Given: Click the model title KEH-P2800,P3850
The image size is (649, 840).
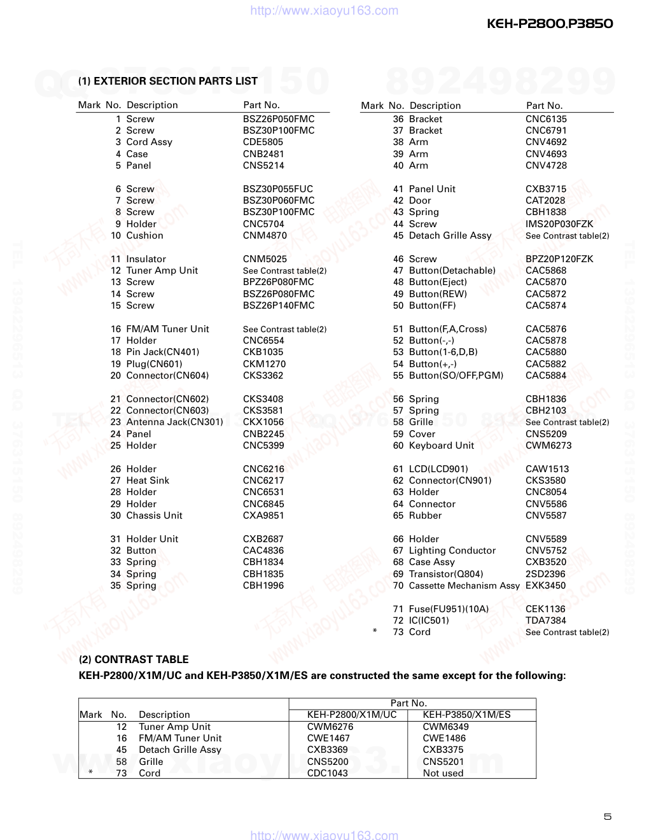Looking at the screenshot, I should (550, 24).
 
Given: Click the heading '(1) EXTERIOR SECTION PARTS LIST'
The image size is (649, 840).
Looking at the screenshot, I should (168, 81).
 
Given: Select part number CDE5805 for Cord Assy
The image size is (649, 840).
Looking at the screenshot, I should (263, 142).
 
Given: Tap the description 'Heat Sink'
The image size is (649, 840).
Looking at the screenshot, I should (148, 480).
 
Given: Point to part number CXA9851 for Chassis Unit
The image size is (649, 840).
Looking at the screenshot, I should (263, 515).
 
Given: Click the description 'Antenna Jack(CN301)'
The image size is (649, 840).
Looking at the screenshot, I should (174, 422).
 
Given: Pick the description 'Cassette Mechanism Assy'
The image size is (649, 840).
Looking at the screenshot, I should (464, 585).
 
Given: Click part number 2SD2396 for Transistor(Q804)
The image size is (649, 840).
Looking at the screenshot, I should (545, 574).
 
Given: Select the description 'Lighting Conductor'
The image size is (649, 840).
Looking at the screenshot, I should (452, 550).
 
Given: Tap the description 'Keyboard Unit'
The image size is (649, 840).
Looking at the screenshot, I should (441, 445).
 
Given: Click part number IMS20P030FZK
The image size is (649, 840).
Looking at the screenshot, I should (559, 224).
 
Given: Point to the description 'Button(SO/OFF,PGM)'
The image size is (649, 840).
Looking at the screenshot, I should (456, 375).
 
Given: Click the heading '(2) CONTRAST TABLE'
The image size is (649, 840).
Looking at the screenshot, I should (134, 659).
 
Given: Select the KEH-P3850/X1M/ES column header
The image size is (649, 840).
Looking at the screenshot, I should (466, 715).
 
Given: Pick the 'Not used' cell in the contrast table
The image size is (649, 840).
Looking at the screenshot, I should (443, 773).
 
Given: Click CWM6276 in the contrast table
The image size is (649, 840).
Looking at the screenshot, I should (330, 727).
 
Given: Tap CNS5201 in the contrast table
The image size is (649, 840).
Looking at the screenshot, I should (443, 762).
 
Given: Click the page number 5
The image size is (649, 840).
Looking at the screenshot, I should (608, 816).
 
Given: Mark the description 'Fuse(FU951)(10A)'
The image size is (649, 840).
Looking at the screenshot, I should (449, 609).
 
